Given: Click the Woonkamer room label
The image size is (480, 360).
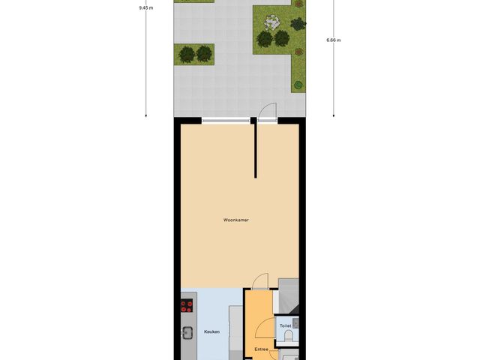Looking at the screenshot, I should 236,220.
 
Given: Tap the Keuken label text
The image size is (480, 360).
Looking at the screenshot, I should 212,331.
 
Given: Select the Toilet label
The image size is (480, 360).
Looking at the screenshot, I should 285,326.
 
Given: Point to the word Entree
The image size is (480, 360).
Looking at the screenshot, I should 261,349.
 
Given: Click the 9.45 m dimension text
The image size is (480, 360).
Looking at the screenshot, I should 145,7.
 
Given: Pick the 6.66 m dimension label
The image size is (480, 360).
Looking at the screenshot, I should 334,40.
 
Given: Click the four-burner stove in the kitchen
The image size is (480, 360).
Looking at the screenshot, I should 187,306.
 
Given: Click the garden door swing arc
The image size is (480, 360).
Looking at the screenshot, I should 265,110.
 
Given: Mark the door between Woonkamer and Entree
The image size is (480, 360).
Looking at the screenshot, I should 259,281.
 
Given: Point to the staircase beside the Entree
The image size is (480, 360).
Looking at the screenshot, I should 289,295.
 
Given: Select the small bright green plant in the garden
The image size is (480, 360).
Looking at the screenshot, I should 298,84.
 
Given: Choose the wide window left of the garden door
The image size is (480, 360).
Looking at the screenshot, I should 225,119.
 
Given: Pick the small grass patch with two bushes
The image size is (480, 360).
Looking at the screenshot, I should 194,53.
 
